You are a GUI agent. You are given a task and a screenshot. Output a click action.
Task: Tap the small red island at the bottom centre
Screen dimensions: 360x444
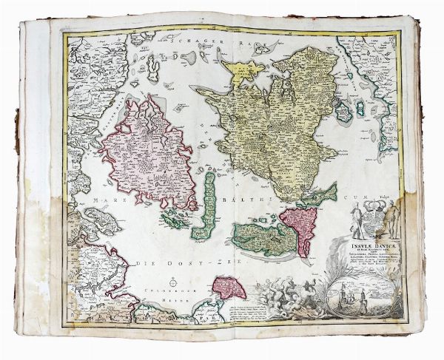(229, 286)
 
